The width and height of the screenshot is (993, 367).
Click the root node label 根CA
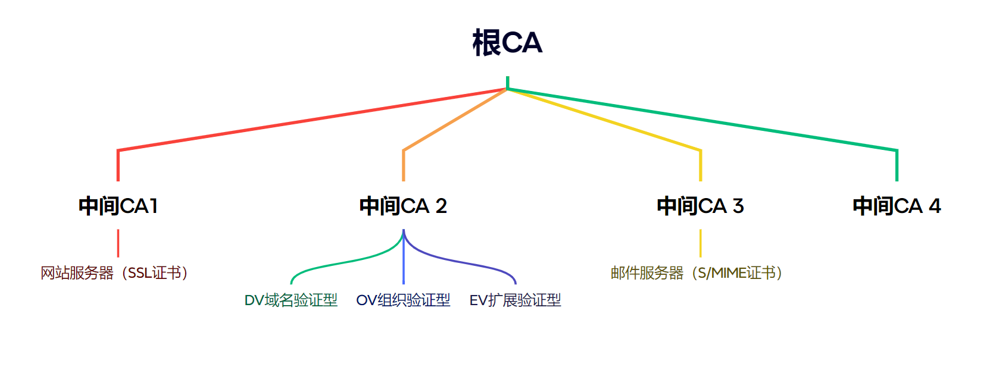(x=507, y=43)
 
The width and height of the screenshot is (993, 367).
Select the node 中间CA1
(x=118, y=206)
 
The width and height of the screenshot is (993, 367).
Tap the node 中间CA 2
(x=403, y=206)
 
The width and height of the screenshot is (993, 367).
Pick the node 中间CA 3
(x=700, y=206)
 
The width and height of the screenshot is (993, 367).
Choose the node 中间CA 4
(x=897, y=206)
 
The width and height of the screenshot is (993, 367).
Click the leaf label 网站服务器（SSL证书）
(x=114, y=273)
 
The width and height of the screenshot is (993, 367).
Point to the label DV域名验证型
(x=291, y=300)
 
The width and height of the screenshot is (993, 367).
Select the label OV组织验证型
(x=403, y=300)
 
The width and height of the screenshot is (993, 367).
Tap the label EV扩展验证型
(x=515, y=300)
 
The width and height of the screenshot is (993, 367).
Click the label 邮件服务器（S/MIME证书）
(x=697, y=273)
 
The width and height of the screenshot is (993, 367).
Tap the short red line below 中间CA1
(x=118, y=243)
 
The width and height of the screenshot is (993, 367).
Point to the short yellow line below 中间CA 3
(x=700, y=243)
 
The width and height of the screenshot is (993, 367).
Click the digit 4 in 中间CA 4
(x=935, y=206)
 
